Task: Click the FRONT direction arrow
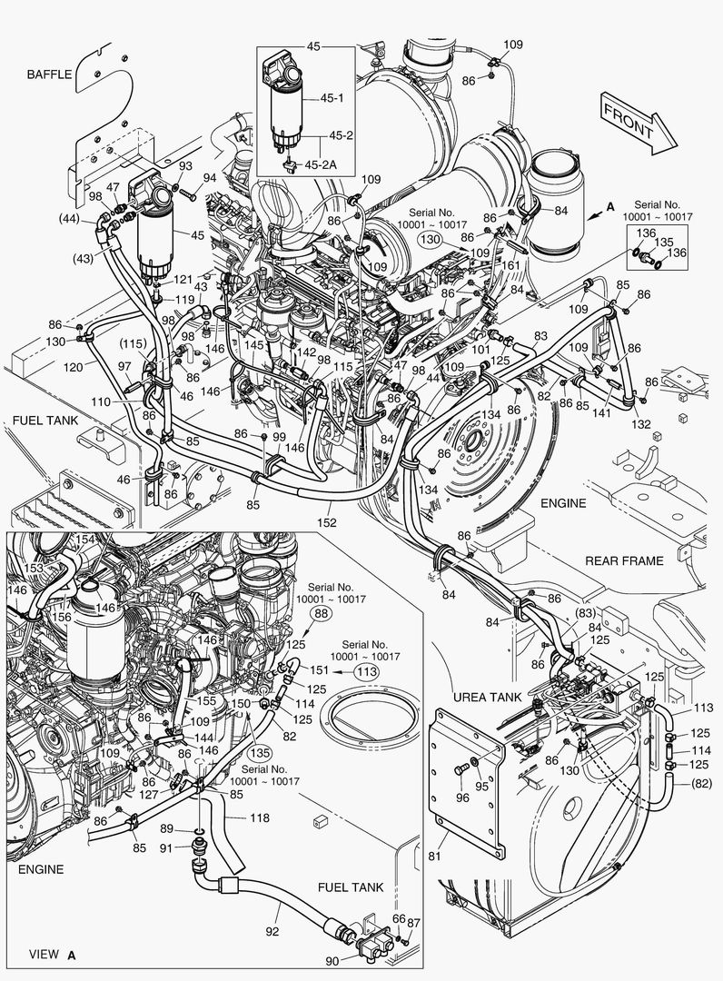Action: [635, 122]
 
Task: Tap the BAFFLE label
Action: [49, 74]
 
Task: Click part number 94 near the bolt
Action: [210, 178]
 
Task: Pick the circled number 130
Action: [430, 240]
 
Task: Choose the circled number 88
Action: [322, 615]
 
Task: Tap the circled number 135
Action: [260, 752]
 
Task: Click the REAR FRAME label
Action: [624, 560]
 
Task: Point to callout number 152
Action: [327, 522]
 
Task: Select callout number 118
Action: [260, 818]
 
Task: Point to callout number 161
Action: [511, 265]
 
